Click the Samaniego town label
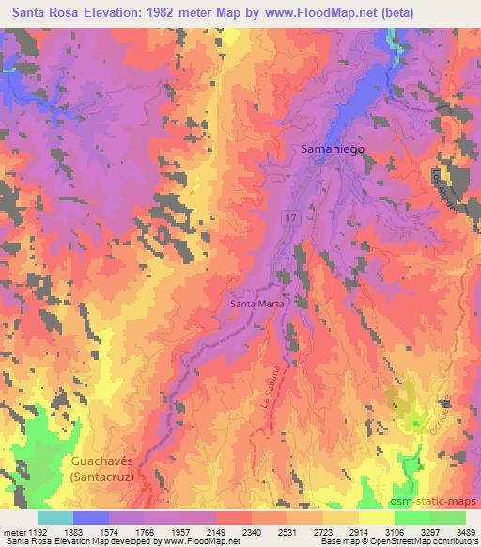coord(334,148)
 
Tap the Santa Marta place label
coord(256,304)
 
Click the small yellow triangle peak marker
coord(193,192)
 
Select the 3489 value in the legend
coord(464,532)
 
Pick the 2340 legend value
coord(252,532)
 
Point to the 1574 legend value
coord(110,532)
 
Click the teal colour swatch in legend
coord(55,518)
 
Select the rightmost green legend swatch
coord(447,518)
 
